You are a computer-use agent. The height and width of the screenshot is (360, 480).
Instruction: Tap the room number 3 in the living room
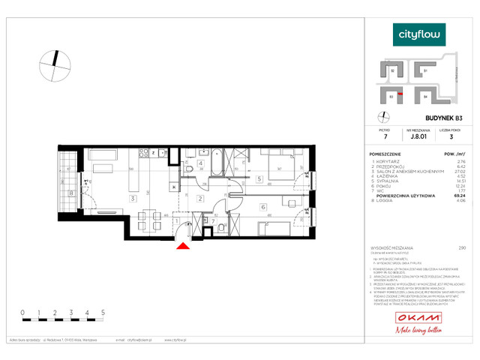[132, 198]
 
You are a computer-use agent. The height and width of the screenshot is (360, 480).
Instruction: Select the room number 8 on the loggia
[71, 193]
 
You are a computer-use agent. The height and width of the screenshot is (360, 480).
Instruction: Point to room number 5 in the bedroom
[258, 179]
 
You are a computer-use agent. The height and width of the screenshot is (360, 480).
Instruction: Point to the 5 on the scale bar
[103, 310]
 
